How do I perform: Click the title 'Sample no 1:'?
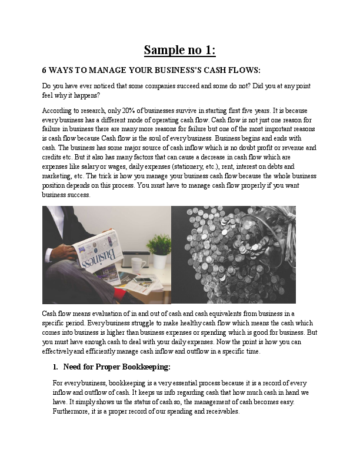[x=180, y=50]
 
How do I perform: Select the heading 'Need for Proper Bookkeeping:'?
[x=116, y=367]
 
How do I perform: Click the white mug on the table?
[x=139, y=264]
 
